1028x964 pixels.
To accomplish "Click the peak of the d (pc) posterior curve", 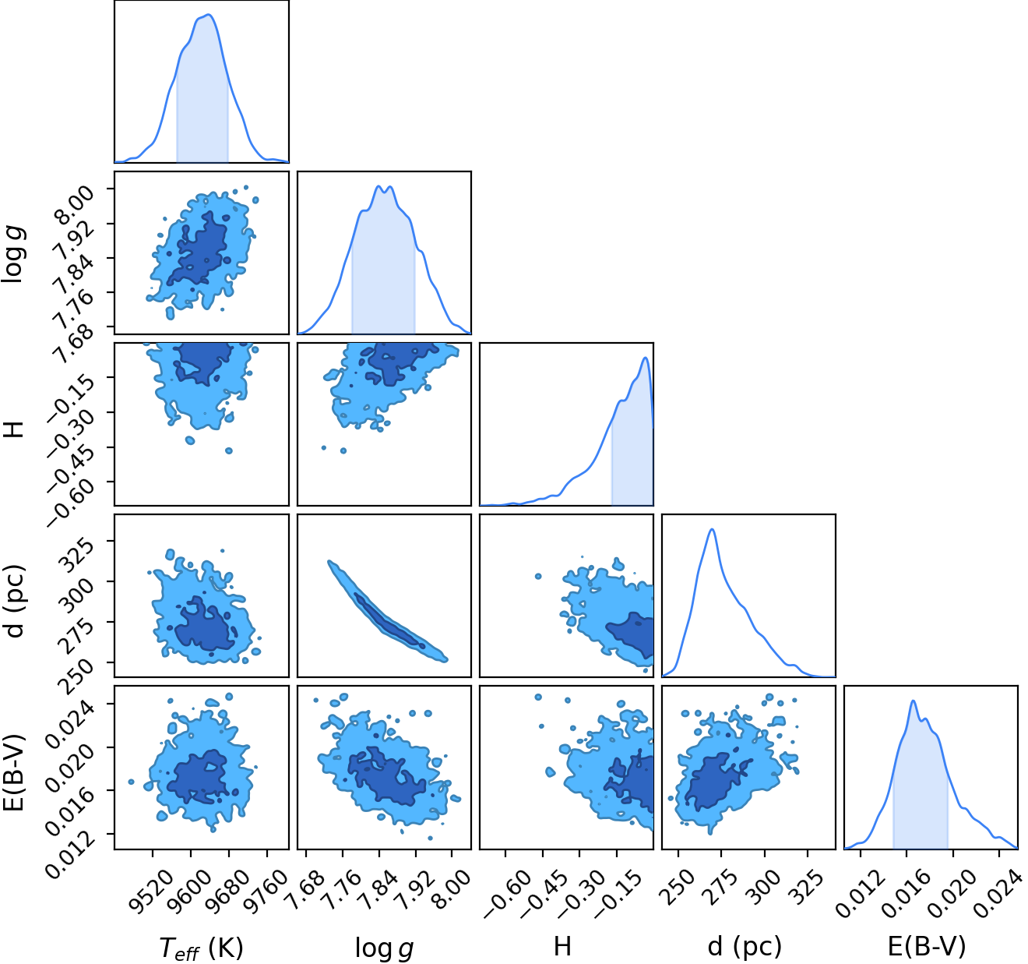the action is (713, 529).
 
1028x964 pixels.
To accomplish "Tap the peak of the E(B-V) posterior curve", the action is (913, 701).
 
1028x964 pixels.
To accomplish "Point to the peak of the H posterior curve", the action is (645, 358).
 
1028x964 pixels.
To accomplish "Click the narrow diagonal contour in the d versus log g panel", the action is (387, 612).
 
